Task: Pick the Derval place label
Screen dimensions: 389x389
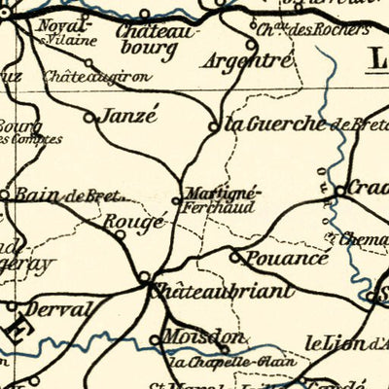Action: tap(62, 308)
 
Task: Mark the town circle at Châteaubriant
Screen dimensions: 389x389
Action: tap(145, 277)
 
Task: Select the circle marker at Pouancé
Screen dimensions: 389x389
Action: tap(234, 257)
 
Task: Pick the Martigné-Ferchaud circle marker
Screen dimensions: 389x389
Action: tap(176, 200)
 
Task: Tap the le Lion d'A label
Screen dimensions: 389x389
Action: tap(345, 341)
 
